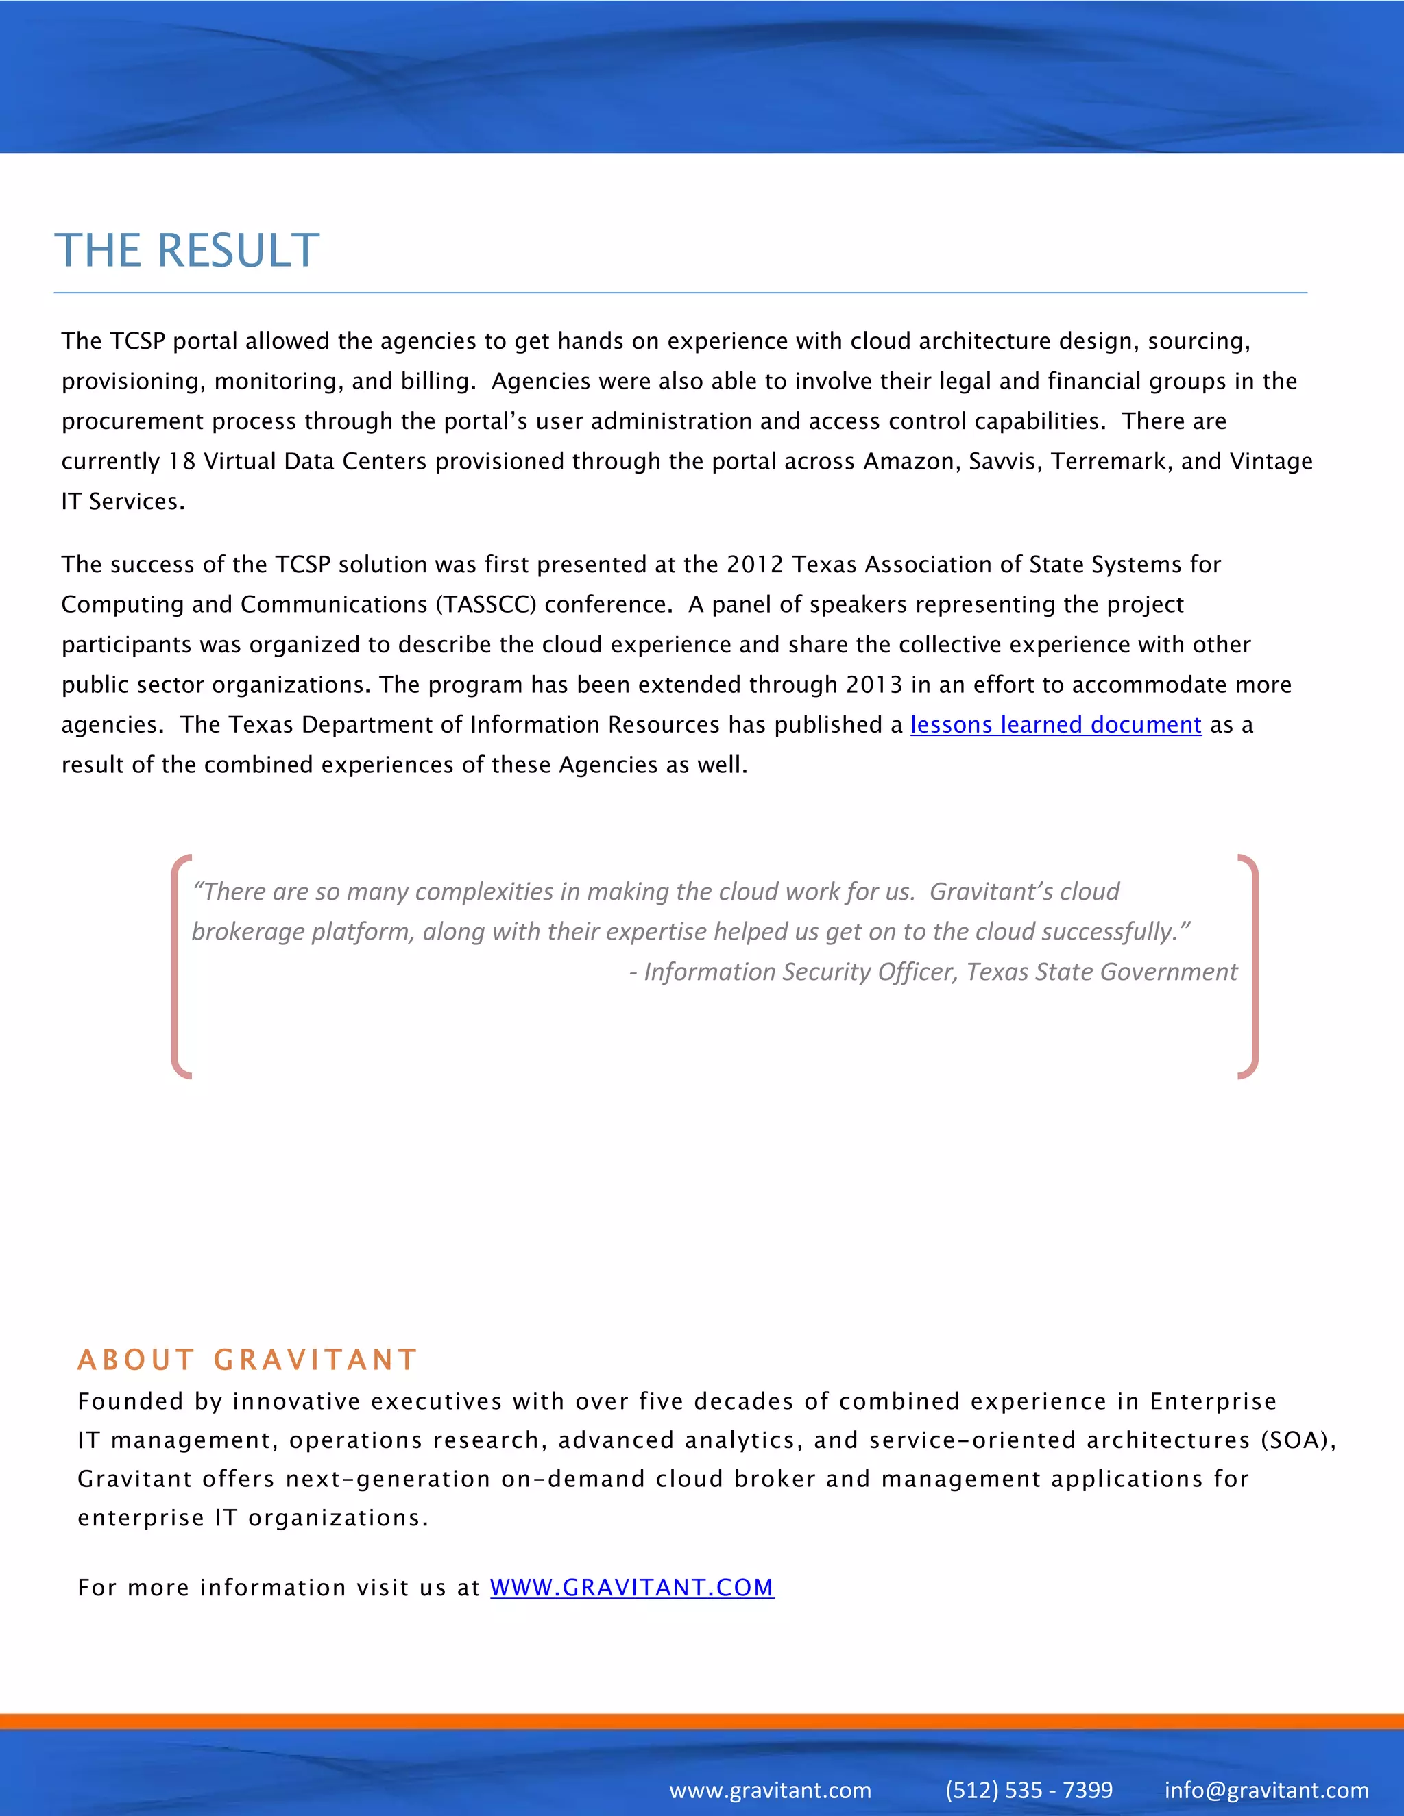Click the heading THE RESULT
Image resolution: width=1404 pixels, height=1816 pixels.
click(187, 250)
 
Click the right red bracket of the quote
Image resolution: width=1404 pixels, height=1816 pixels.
click(1252, 966)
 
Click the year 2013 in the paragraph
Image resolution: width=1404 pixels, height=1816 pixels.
click(873, 685)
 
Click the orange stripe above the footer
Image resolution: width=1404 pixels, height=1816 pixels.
click(702, 1720)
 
